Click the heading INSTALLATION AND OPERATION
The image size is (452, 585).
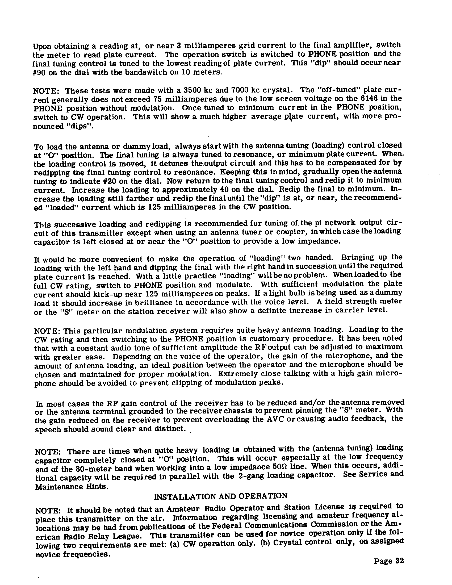click(x=221, y=496)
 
